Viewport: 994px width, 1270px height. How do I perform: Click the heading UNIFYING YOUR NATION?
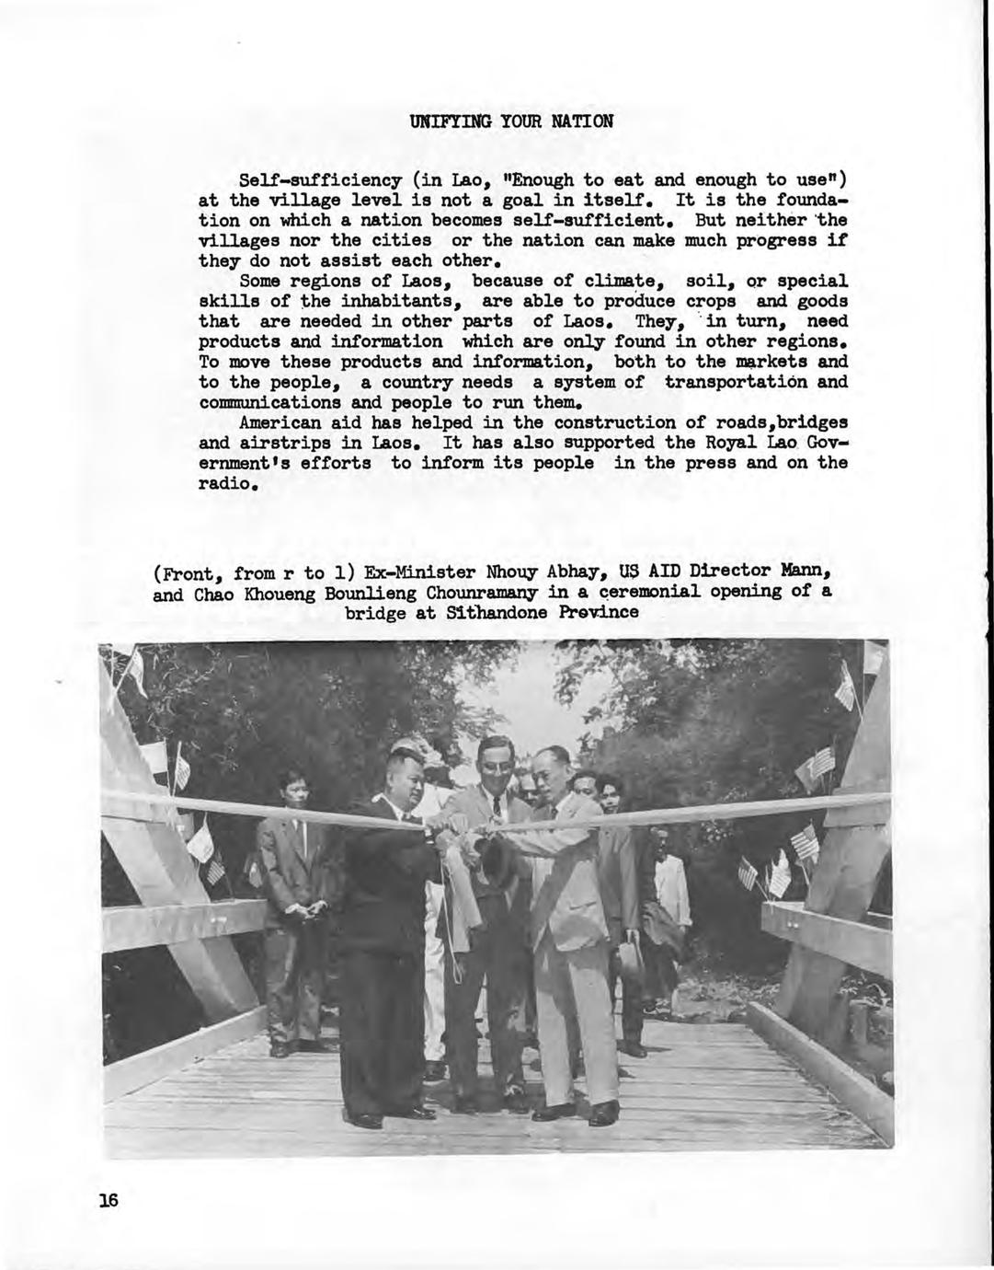click(511, 121)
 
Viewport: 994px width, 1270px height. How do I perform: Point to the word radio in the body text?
click(223, 483)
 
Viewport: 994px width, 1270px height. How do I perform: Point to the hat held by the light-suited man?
click(630, 959)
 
